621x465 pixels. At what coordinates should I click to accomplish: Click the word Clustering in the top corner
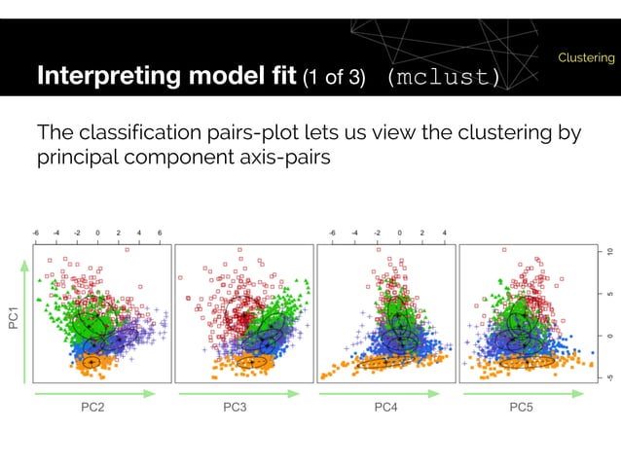click(586, 58)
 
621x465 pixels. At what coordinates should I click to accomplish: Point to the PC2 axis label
click(93, 410)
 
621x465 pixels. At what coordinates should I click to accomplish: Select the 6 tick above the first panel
click(160, 233)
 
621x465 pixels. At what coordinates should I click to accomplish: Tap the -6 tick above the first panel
click(35, 233)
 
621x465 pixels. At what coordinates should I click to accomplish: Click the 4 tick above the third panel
click(445, 233)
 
